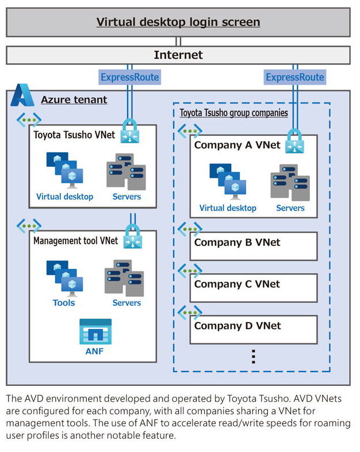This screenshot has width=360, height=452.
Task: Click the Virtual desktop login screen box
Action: point(178,22)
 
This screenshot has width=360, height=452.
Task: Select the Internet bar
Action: point(178,55)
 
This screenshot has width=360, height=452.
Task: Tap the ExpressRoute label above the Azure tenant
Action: point(129,77)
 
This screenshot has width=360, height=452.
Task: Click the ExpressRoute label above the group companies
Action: point(295,77)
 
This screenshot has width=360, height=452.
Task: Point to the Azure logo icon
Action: point(22,95)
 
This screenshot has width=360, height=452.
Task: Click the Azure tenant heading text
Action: point(74,100)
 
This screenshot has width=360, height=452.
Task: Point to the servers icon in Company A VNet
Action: point(290,182)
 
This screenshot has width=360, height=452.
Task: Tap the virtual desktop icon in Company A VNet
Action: point(228,181)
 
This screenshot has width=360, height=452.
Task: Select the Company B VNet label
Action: point(237,242)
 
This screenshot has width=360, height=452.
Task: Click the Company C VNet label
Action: point(237,284)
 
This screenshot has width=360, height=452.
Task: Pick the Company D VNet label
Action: point(237,326)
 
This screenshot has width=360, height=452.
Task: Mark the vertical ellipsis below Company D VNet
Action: point(253,357)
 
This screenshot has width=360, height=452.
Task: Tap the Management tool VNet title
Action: point(75,241)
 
